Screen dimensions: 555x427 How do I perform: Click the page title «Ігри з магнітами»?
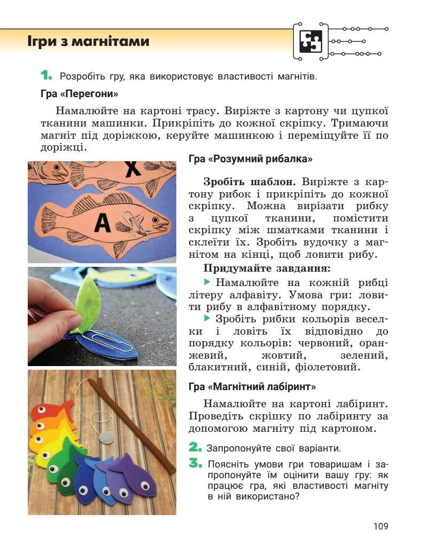[89, 42]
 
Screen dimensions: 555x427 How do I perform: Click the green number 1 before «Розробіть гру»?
[47, 75]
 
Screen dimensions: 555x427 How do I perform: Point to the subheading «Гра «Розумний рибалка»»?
[250, 159]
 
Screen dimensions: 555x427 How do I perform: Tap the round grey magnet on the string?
[109, 437]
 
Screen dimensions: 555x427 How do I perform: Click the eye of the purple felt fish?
[145, 486]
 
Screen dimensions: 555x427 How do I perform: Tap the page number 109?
[381, 526]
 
